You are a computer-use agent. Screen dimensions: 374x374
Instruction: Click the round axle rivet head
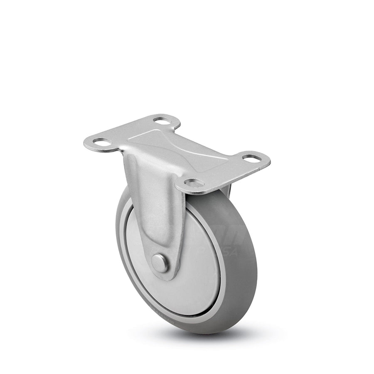coord(160,263)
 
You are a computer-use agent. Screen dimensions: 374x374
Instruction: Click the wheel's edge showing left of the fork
coord(123,233)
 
